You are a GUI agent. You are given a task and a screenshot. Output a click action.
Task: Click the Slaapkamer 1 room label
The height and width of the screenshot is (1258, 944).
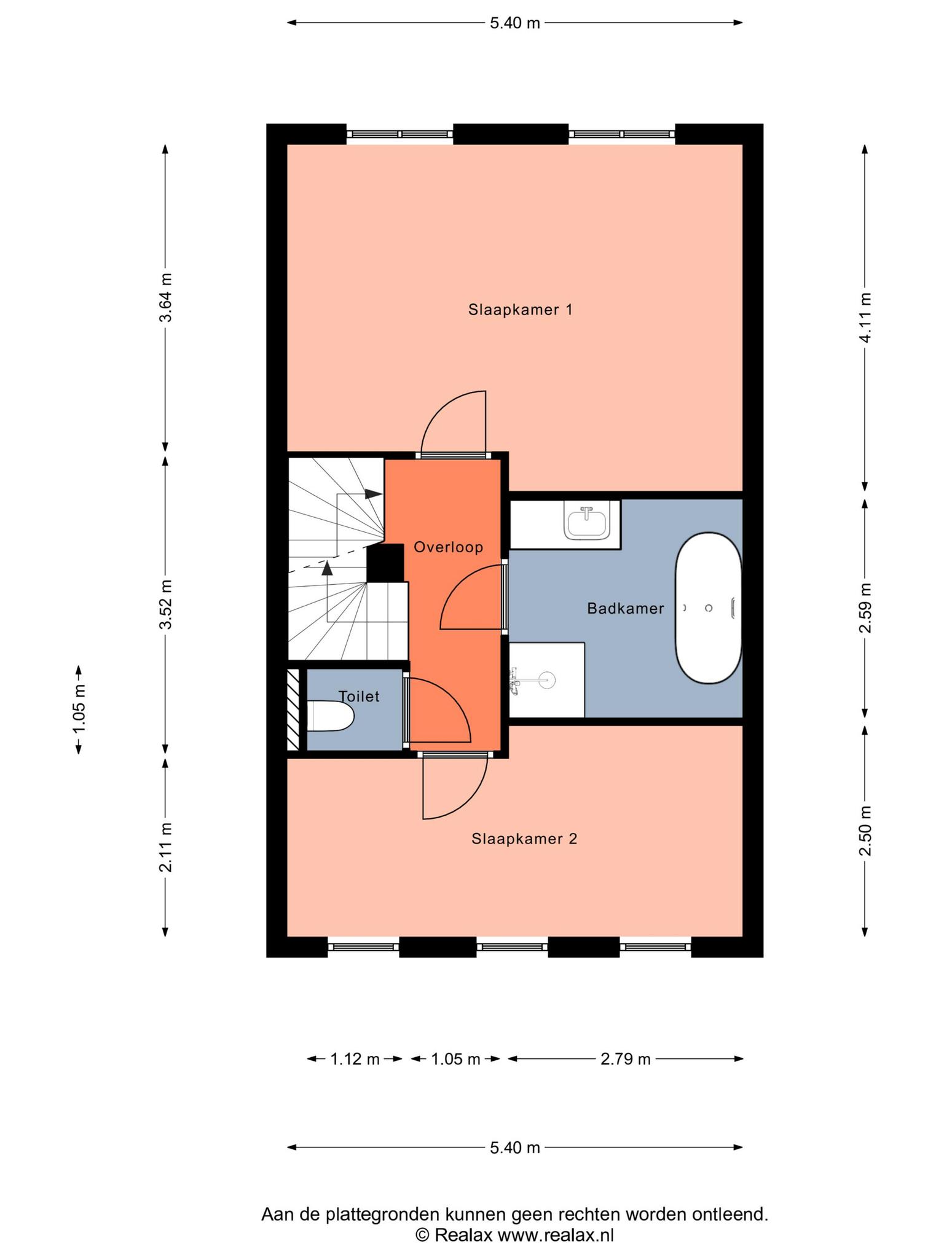(x=520, y=310)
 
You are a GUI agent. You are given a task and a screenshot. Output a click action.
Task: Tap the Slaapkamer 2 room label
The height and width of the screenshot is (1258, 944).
(x=524, y=838)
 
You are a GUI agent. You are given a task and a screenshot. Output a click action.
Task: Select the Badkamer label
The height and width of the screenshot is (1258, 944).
(x=625, y=609)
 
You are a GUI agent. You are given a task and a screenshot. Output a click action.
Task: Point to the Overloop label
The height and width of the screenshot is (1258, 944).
(x=448, y=547)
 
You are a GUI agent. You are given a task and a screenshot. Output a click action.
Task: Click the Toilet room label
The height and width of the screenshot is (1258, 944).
(x=359, y=697)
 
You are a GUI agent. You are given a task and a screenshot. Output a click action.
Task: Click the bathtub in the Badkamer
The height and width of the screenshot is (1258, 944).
(x=708, y=608)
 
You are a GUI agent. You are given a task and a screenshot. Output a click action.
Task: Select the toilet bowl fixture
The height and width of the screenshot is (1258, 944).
(x=331, y=716)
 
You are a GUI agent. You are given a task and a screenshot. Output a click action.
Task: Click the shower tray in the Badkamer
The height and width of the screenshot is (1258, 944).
(x=546, y=679)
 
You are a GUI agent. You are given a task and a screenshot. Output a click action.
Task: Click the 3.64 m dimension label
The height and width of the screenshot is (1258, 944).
(x=165, y=297)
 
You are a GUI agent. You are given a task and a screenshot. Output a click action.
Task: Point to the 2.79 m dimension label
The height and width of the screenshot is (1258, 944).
(x=625, y=1059)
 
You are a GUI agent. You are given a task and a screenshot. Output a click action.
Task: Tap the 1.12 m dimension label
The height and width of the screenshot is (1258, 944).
(x=355, y=1059)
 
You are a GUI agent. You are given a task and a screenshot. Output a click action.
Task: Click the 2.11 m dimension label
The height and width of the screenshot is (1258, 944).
(x=165, y=847)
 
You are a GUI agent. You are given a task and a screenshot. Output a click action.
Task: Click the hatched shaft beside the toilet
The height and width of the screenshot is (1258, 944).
(x=293, y=709)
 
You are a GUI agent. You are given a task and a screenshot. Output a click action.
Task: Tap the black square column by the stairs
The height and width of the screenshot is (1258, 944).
(x=385, y=563)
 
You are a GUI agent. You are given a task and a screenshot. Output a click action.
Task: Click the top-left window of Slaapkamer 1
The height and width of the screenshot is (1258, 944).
(x=399, y=134)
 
